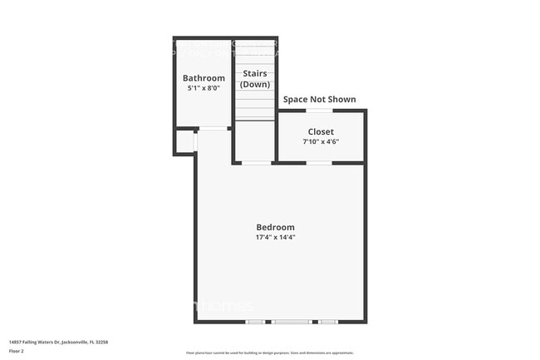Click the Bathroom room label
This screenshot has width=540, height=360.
tap(204, 78)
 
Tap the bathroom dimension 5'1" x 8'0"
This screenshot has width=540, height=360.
tap(204, 88)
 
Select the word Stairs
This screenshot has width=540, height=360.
tap(254, 74)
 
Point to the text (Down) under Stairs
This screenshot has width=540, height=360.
tap(254, 85)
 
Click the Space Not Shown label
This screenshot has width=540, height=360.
tap(319, 100)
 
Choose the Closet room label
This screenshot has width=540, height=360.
tap(321, 131)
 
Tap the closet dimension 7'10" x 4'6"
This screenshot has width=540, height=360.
tap(321, 141)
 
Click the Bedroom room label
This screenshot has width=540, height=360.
tap(275, 227)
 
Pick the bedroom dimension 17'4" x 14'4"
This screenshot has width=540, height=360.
tap(275, 238)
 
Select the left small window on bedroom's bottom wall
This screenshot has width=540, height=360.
tap(255, 322)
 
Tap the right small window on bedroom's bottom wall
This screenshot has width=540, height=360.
tap(328, 322)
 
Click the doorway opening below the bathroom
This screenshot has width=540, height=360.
tap(214, 128)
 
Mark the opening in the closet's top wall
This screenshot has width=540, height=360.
tap(319, 111)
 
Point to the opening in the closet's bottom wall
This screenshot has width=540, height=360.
tap(319, 163)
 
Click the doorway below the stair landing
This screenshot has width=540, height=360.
tap(256, 163)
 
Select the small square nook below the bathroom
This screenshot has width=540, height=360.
tap(184, 142)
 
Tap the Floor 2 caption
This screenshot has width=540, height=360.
tap(17, 352)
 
